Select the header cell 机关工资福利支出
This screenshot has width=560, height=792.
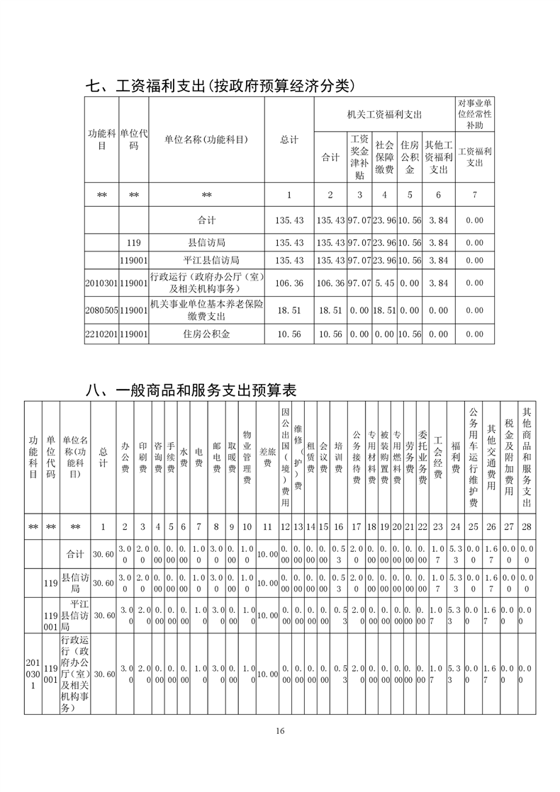[384, 114]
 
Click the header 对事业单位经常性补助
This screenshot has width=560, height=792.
[474, 114]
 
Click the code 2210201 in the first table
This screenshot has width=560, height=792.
[101, 332]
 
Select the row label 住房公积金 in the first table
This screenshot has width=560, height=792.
[206, 332]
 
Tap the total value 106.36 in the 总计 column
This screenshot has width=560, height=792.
[289, 283]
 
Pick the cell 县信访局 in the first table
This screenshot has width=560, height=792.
[206, 242]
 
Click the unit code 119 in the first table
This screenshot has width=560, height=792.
[134, 242]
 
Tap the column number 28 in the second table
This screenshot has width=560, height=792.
[526, 526]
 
